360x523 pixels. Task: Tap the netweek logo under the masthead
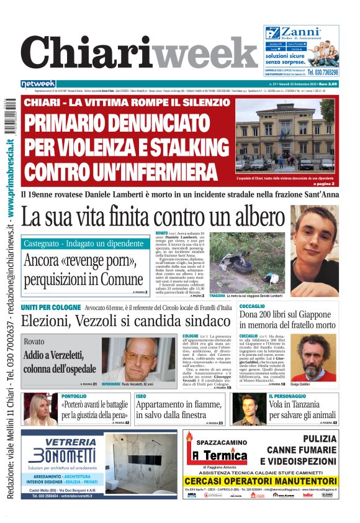(x=38, y=83)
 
